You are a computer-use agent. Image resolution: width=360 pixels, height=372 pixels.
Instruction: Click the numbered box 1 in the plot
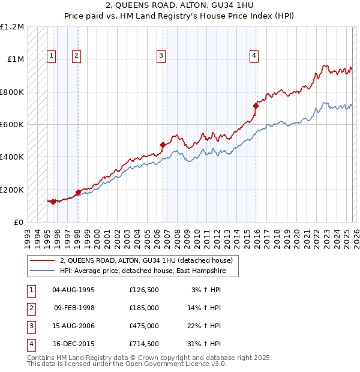click(x=52, y=56)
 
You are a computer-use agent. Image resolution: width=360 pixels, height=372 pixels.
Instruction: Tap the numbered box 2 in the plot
click(x=77, y=56)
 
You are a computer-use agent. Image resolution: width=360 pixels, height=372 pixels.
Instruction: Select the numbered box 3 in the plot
click(x=161, y=56)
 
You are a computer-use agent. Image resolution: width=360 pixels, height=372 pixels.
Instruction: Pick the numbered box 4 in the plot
click(x=254, y=56)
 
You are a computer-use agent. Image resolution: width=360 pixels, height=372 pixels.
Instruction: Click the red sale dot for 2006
click(x=163, y=145)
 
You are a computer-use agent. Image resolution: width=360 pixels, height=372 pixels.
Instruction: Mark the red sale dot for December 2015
click(x=256, y=106)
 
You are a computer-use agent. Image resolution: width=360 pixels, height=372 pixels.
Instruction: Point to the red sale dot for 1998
click(x=78, y=192)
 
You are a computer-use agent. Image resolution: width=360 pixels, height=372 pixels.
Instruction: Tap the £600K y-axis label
click(x=12, y=125)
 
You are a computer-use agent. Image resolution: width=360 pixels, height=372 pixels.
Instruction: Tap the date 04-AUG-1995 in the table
click(x=73, y=290)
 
